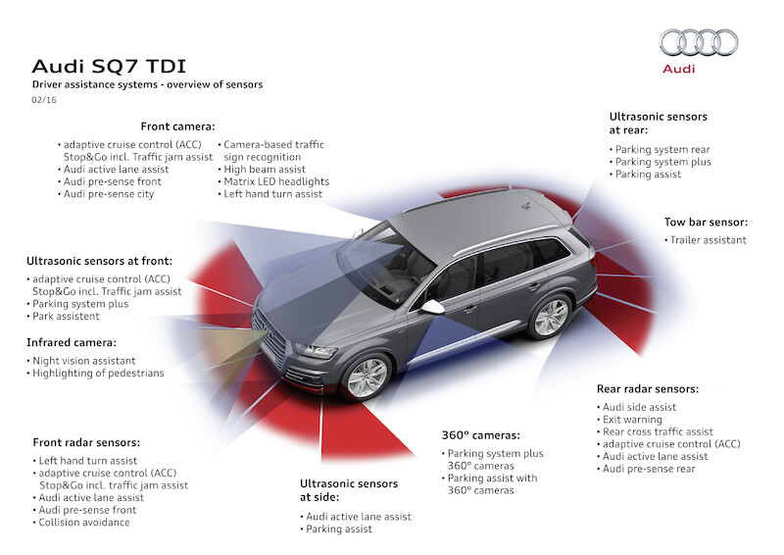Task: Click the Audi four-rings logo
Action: (698, 42)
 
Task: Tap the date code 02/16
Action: (43, 100)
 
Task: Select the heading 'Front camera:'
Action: (177, 126)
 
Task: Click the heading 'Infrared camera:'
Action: (72, 343)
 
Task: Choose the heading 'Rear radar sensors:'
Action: (648, 388)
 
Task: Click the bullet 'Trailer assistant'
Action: (708, 240)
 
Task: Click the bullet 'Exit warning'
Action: (634, 420)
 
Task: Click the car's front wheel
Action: (367, 376)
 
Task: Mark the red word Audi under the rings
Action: (678, 69)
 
